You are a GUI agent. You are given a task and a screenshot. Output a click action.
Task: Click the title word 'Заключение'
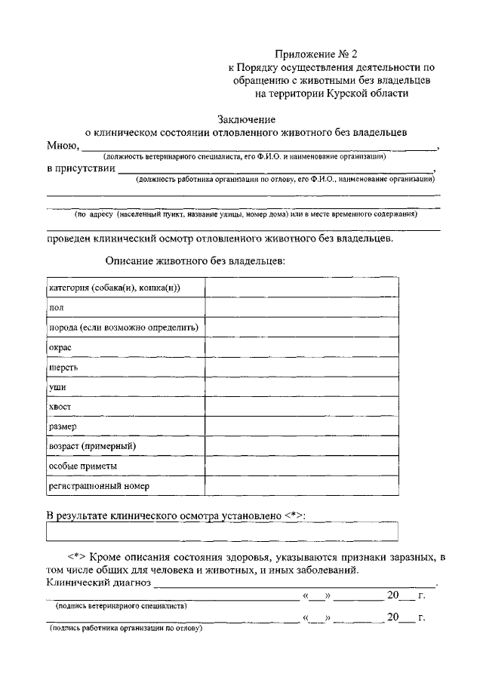tap(246, 118)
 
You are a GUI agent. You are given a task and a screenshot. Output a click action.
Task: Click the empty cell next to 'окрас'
tap(302, 347)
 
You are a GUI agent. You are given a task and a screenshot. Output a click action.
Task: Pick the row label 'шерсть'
tap(63, 367)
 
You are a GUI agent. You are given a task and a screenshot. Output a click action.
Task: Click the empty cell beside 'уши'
tap(302, 386)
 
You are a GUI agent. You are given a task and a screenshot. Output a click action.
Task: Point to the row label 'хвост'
tap(60, 406)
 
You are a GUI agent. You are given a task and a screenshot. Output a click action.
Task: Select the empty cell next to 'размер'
tap(302, 426)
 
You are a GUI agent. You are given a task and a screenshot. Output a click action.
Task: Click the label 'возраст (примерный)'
tap(91, 446)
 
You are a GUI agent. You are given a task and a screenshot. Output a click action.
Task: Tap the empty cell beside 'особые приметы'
tap(302, 466)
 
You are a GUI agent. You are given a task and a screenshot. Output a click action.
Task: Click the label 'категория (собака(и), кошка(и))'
tap(115, 288)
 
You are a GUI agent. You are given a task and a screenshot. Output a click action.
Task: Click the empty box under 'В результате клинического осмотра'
tap(223, 532)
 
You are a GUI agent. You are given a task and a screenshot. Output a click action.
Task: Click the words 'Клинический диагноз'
tap(99, 583)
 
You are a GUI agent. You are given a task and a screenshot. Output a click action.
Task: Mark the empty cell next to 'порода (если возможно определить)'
tap(302, 328)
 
